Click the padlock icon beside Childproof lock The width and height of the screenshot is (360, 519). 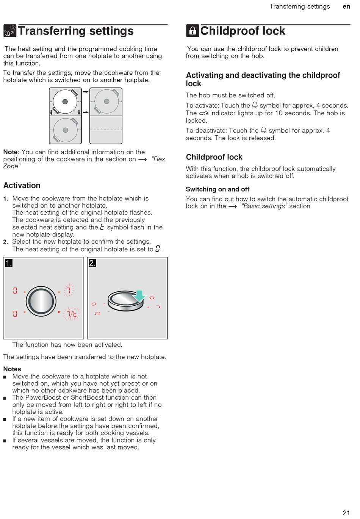coord(193,31)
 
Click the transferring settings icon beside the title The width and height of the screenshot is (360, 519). coord(10,31)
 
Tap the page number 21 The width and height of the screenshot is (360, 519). coord(346,513)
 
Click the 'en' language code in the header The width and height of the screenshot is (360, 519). coord(346,6)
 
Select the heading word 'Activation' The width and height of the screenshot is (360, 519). coord(22,185)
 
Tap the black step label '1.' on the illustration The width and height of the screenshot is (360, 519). coord(9,263)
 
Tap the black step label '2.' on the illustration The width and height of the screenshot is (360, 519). coord(92,263)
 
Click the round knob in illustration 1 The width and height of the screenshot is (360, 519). coord(41,302)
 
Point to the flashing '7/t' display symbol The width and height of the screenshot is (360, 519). coord(72,314)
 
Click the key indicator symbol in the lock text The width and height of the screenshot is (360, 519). coord(203,113)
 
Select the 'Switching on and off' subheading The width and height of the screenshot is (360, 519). coord(218,189)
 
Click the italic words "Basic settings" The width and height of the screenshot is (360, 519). coord(264,206)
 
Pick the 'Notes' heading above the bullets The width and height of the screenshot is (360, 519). coord(12,369)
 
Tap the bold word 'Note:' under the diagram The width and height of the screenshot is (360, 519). coord(11,152)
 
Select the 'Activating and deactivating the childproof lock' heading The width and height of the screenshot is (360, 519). coord(263,79)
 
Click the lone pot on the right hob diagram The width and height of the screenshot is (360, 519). coord(106,102)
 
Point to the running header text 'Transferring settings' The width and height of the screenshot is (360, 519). coord(300,6)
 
